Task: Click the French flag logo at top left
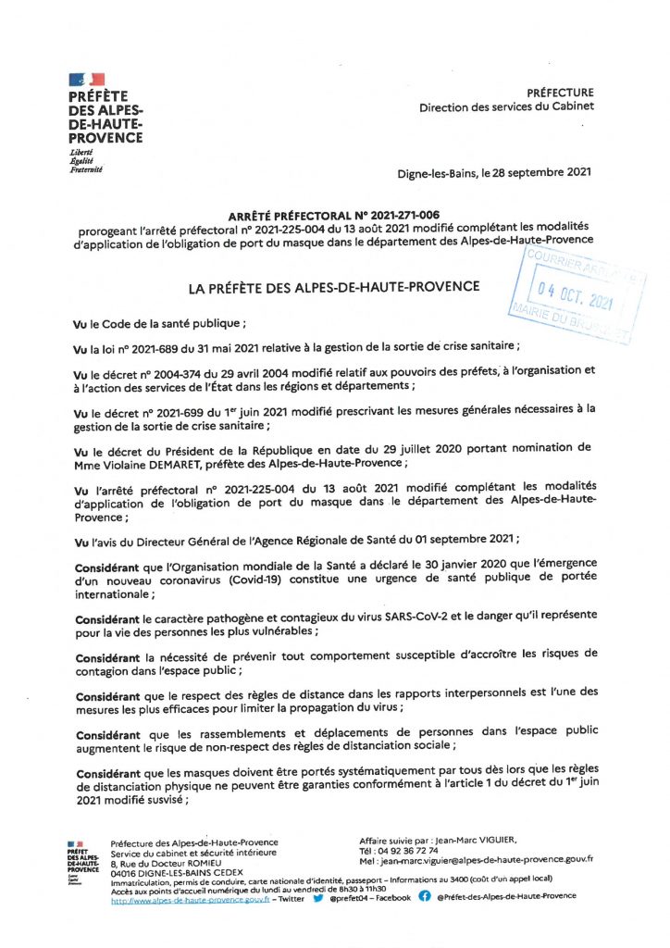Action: click(86, 80)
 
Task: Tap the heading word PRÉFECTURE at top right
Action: click(560, 93)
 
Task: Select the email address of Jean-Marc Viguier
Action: click(487, 859)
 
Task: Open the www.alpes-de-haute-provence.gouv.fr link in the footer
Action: click(190, 897)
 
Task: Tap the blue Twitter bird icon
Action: click(317, 897)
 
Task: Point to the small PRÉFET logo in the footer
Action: click(82, 857)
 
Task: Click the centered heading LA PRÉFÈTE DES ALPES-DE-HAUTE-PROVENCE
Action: click(333, 288)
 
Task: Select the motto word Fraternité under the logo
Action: click(85, 169)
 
